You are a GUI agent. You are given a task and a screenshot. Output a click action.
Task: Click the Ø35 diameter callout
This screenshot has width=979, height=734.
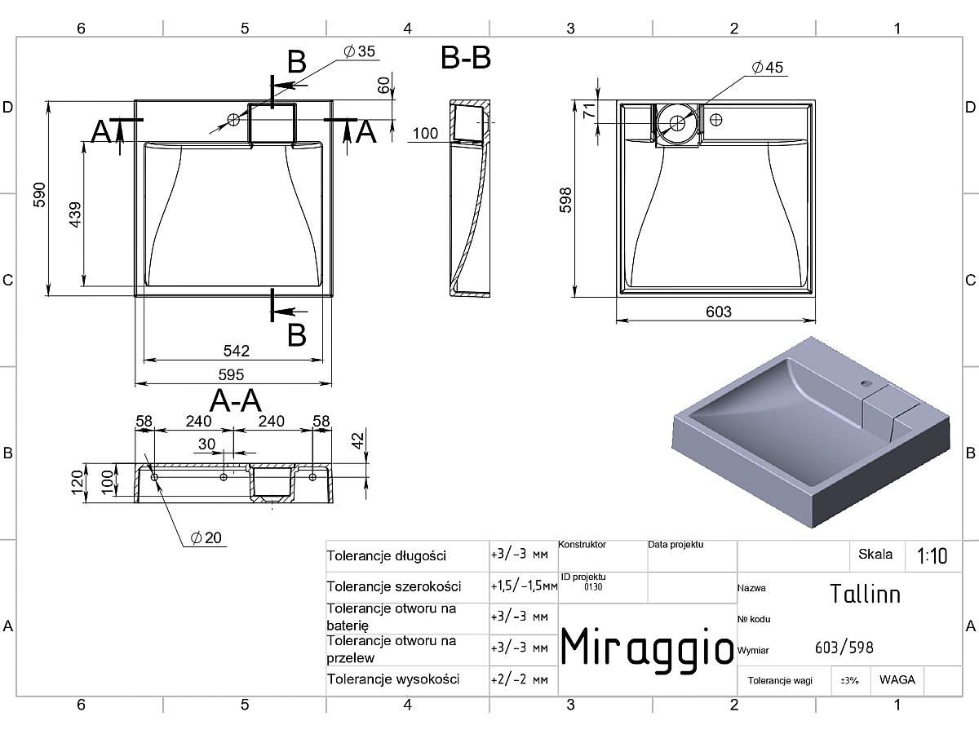click(360, 51)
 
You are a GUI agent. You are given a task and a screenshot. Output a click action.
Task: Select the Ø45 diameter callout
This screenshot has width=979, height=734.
click(767, 68)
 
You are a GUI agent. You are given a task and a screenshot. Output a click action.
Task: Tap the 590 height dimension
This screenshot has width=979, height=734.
click(40, 195)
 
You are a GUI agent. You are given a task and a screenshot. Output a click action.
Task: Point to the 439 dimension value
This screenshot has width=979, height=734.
click(76, 214)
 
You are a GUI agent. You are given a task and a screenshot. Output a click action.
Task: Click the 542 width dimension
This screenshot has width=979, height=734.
click(237, 351)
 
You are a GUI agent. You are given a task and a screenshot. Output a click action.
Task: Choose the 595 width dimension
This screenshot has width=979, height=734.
click(231, 374)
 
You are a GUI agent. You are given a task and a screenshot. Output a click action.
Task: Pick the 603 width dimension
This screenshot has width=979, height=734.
click(719, 312)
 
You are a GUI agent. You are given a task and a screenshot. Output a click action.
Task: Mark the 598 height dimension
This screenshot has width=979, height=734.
click(565, 200)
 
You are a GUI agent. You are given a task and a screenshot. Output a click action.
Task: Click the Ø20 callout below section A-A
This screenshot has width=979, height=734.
click(206, 537)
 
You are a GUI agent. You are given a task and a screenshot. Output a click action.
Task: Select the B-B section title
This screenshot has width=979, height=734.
click(466, 58)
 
